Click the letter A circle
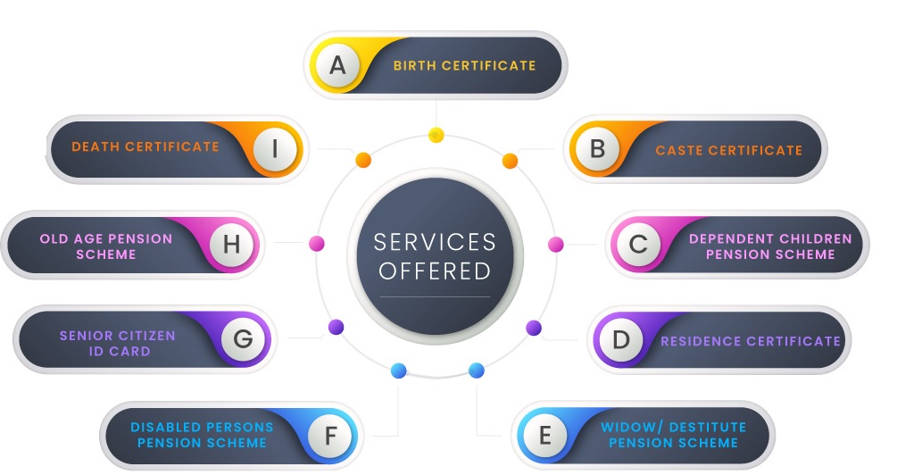[337, 65]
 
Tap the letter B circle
[597, 148]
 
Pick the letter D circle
[621, 339]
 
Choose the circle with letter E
[545, 436]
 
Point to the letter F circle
[330, 436]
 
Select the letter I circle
[276, 148]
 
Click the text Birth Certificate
[464, 65]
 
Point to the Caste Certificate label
[728, 150]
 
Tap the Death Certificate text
[145, 146]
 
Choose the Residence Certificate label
[750, 340]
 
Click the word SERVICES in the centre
[435, 242]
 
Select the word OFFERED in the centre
[435, 271]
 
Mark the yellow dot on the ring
[436, 135]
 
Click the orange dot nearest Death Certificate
[363, 161]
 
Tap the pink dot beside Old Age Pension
[316, 244]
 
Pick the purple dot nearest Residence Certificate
[534, 328]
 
